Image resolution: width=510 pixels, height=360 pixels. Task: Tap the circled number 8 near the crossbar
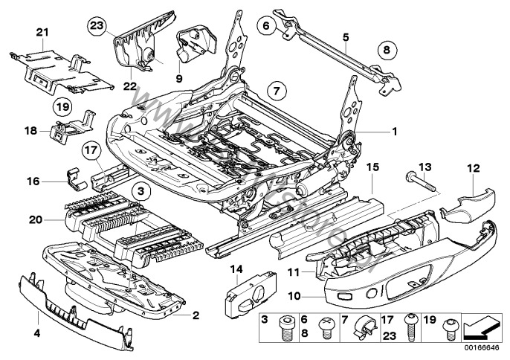385,51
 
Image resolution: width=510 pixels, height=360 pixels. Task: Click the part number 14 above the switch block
236,269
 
